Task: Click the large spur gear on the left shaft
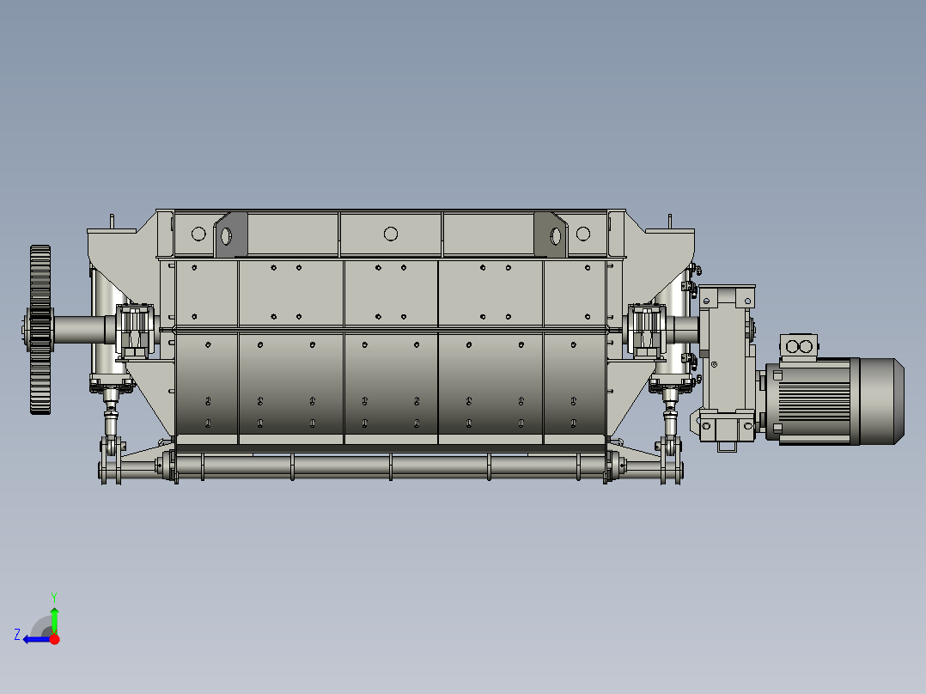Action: coord(40,330)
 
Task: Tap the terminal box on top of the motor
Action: coord(799,347)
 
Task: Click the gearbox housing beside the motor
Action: coord(727,366)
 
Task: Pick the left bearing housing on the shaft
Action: coord(135,332)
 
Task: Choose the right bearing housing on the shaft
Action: coord(646,332)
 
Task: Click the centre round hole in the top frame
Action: coord(390,234)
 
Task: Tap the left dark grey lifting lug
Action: coord(231,234)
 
